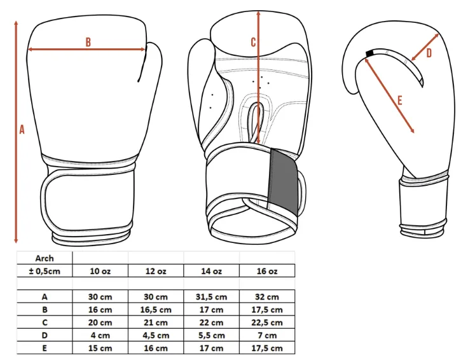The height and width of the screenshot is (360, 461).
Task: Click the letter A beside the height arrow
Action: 22,129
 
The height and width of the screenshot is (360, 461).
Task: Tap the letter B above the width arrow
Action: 88,42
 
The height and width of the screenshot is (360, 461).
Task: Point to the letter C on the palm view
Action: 254,42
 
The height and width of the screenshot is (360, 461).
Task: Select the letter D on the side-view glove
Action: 429,53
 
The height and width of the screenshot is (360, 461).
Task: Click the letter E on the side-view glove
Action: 400,100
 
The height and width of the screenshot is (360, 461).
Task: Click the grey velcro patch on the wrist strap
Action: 283,181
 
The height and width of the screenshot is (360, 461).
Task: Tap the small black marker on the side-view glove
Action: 369,53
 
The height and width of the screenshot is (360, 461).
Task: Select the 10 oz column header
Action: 100,271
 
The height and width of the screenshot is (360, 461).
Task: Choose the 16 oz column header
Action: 267,271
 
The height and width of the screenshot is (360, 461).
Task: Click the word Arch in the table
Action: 45,258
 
